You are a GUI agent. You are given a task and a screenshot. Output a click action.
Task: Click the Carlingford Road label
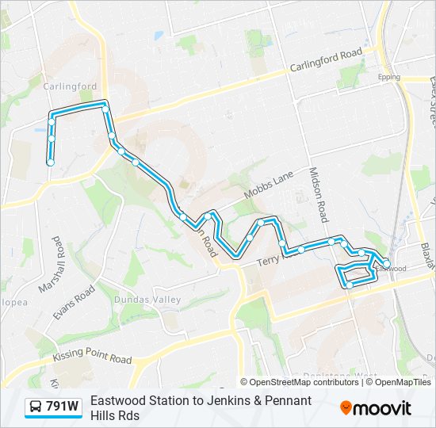coord(326,60)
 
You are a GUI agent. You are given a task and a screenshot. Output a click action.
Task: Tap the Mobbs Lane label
coord(269,184)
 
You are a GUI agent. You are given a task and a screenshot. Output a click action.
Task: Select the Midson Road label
coord(318,194)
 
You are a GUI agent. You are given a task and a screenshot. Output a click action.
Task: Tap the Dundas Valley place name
coord(147,300)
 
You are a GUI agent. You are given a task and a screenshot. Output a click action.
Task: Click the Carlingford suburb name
coord(70,86)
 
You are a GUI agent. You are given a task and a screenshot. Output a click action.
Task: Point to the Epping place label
coord(389,77)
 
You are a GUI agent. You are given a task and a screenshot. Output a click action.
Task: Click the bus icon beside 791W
coord(36,407)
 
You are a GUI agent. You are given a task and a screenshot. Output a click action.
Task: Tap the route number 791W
coord(62,407)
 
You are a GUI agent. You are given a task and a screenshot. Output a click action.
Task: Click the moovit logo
coord(376,408)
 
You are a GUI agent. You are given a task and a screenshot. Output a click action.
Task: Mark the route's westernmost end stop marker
coord(51,162)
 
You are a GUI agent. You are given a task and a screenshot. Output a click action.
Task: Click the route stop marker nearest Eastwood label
coord(386,263)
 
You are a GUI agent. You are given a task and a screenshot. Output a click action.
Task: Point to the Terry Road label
coord(280,256)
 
